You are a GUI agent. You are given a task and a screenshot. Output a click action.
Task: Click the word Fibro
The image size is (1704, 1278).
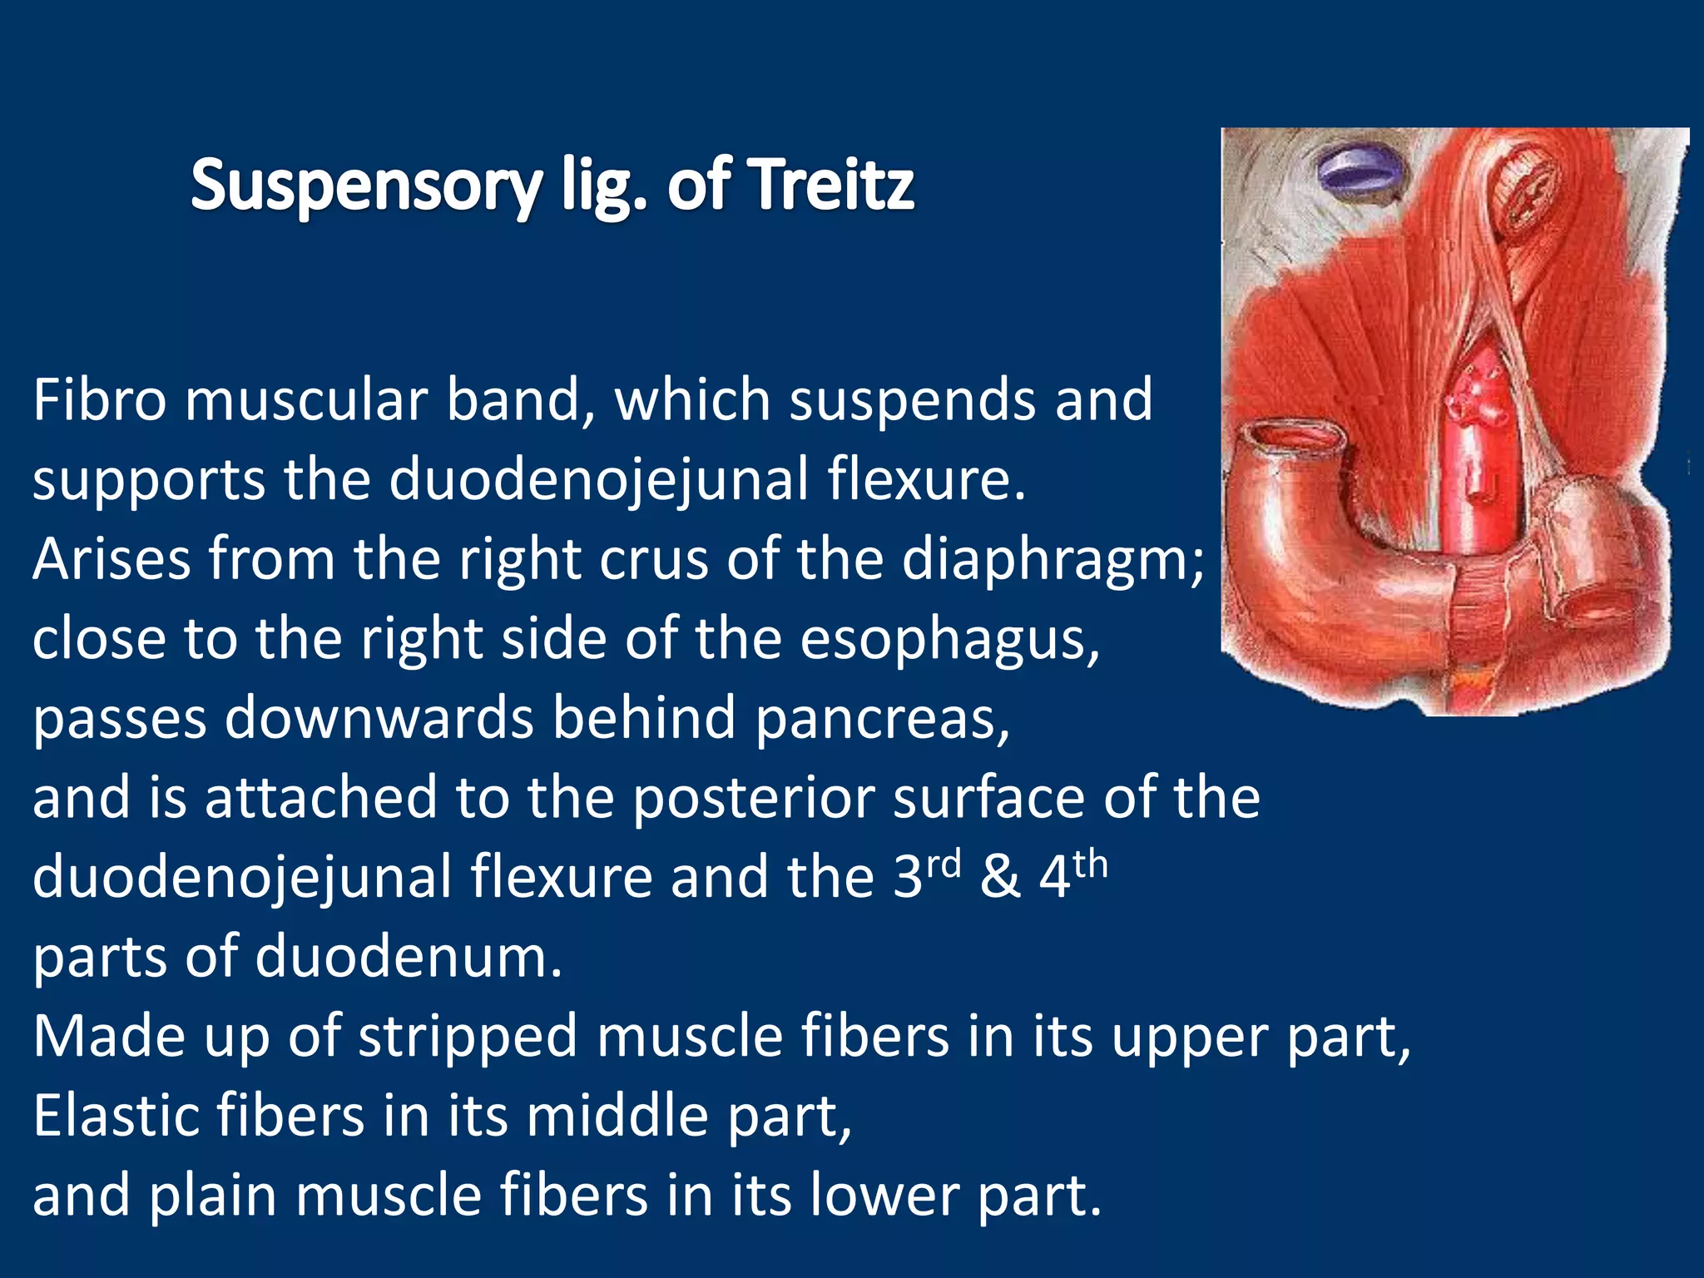coord(100,400)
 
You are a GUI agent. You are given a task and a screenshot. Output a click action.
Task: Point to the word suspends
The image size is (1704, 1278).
coord(911,400)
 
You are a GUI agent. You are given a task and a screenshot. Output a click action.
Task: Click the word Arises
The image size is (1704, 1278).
coord(112,559)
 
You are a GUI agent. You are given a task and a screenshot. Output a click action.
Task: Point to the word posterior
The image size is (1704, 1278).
coord(752,798)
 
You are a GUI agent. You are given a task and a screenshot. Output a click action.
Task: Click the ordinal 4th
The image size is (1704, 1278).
coord(1073,874)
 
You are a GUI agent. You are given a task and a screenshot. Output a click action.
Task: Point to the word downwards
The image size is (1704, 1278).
coord(379,718)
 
